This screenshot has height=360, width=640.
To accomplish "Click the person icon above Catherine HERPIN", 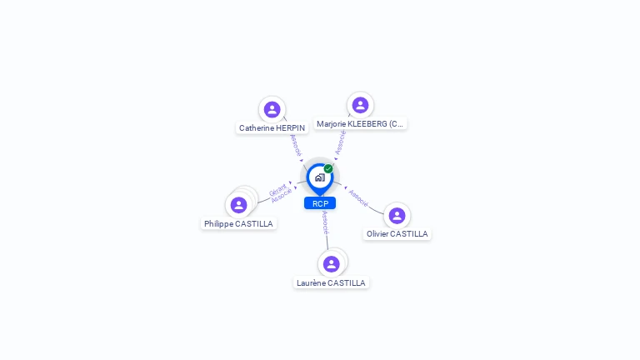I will coord(272,109).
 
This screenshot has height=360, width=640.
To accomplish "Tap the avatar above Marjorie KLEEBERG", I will coord(360,105).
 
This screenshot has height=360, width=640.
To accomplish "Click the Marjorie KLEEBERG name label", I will coord(360,124).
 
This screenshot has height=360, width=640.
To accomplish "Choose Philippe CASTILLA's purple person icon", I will coord(238,205).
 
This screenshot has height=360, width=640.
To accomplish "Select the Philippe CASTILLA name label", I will coord(238,224).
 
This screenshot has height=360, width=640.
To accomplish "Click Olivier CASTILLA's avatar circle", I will coord(397,215).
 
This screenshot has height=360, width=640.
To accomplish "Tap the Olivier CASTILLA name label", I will coord(397,234).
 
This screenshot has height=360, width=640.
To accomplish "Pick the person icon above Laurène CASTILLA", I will coord(331,263).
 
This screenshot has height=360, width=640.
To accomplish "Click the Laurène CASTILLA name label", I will coord(331,283).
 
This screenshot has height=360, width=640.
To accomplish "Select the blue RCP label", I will coord(320,203).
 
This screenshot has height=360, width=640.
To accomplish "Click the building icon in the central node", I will coord(319,177).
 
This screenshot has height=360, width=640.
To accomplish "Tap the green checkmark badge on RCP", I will coord(328,169).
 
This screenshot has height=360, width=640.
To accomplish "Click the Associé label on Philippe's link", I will coord(282,196).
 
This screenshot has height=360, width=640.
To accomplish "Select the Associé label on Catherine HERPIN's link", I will coord(295,144).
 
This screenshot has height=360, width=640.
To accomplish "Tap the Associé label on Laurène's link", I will coord(325,222).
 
